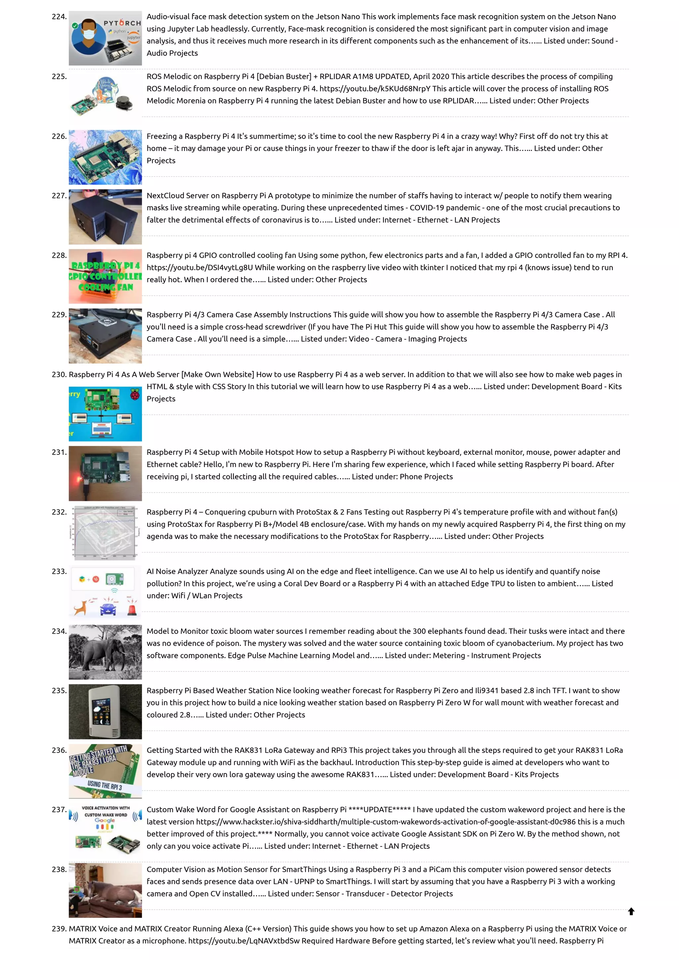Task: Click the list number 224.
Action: pyautogui.click(x=59, y=17)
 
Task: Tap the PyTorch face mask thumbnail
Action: pyautogui.click(x=105, y=38)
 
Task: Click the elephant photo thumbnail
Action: pyautogui.click(x=105, y=652)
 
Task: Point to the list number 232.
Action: pyautogui.click(x=59, y=512)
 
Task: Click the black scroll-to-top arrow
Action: pyautogui.click(x=631, y=911)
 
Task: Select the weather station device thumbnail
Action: pyautogui.click(x=105, y=711)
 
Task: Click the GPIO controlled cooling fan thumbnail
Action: pyautogui.click(x=105, y=276)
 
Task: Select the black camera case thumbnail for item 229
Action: pyautogui.click(x=105, y=336)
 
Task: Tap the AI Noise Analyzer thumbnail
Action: pyautogui.click(x=105, y=592)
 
